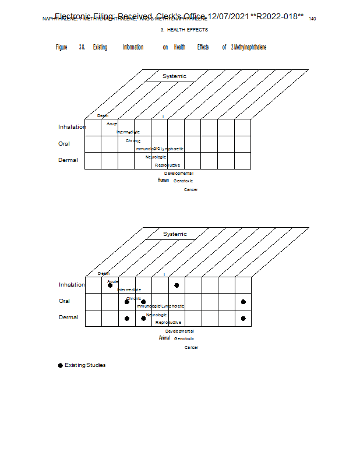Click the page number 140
click(312, 19)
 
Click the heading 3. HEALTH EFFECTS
click(184, 30)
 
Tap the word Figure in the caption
click(61, 47)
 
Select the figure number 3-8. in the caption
click(82, 47)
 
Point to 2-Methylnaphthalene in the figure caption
click(249, 47)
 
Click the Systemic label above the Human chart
click(174, 76)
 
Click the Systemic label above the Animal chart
click(175, 234)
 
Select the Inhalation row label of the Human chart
click(72, 127)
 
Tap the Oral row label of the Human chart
click(64, 143)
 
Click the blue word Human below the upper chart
click(163, 180)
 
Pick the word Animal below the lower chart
click(164, 338)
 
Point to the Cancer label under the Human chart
click(190, 189)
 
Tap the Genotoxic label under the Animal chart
click(184, 338)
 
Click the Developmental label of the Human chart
click(178, 173)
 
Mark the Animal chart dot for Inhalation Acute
click(110, 285)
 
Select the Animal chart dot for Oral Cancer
click(243, 302)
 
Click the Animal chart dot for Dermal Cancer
click(243, 318)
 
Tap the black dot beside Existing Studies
click(60, 365)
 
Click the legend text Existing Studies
click(85, 365)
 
